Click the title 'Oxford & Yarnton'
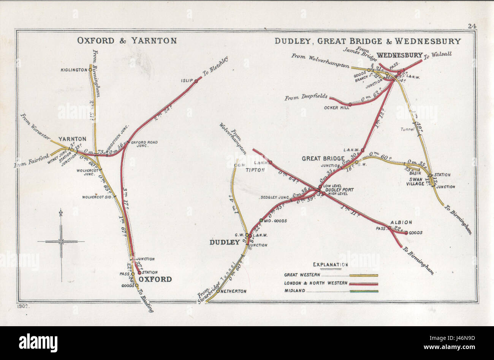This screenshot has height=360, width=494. tap(127, 41)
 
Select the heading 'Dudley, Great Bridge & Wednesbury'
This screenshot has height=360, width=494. tap(368, 41)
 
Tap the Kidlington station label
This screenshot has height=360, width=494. tap(74, 70)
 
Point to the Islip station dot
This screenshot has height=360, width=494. tap(196, 81)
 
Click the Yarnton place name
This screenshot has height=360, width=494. tap(72, 139)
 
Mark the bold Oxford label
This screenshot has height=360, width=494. tap(155, 279)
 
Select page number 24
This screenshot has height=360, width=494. tap(472, 26)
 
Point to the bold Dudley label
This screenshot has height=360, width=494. tap(225, 242)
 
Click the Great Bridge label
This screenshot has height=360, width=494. tap(323, 158)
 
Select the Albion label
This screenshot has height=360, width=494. tap(401, 223)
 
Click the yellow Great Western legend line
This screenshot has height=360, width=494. tap(364, 275)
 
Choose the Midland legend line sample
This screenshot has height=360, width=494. tap(364, 291)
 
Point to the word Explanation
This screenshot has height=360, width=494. tap(330, 265)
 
